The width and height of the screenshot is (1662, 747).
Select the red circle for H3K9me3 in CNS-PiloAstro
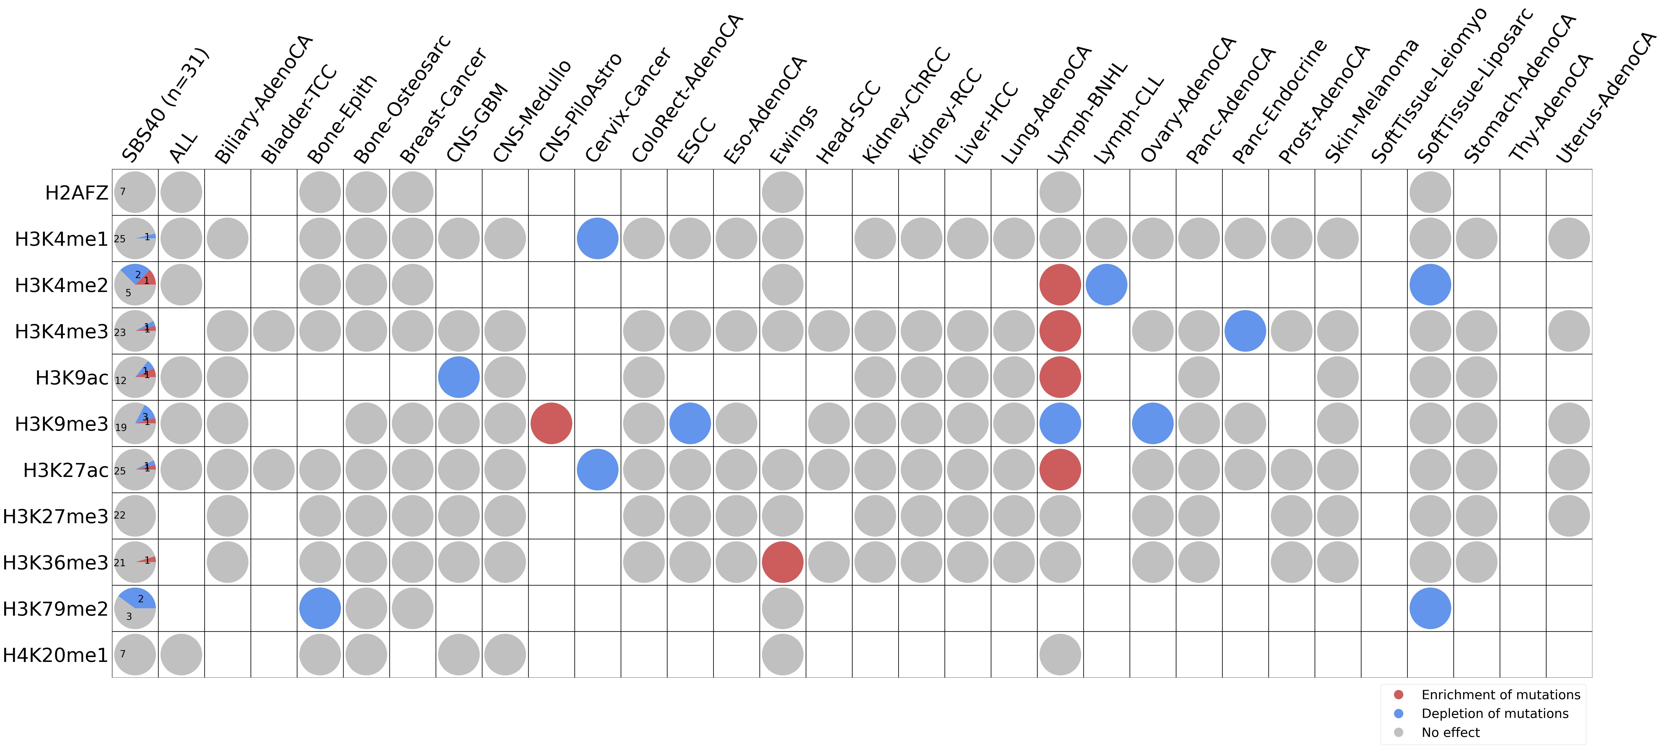tap(551, 423)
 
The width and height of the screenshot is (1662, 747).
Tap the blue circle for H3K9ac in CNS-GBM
tap(459, 377)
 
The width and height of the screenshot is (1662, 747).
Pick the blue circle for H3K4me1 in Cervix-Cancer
tap(597, 238)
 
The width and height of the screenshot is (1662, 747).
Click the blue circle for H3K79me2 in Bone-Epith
tap(320, 608)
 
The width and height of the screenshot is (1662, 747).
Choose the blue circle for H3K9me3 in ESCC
tap(690, 423)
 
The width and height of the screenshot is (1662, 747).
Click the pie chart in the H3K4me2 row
tap(135, 284)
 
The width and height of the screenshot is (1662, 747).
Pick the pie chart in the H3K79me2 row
tap(135, 608)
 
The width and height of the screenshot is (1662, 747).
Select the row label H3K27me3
tap(56, 516)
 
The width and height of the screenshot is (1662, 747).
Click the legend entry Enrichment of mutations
tap(1500, 695)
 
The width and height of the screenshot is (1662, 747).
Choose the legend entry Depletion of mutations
tap(1494, 713)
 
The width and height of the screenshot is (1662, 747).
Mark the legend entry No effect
tap(1450, 732)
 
